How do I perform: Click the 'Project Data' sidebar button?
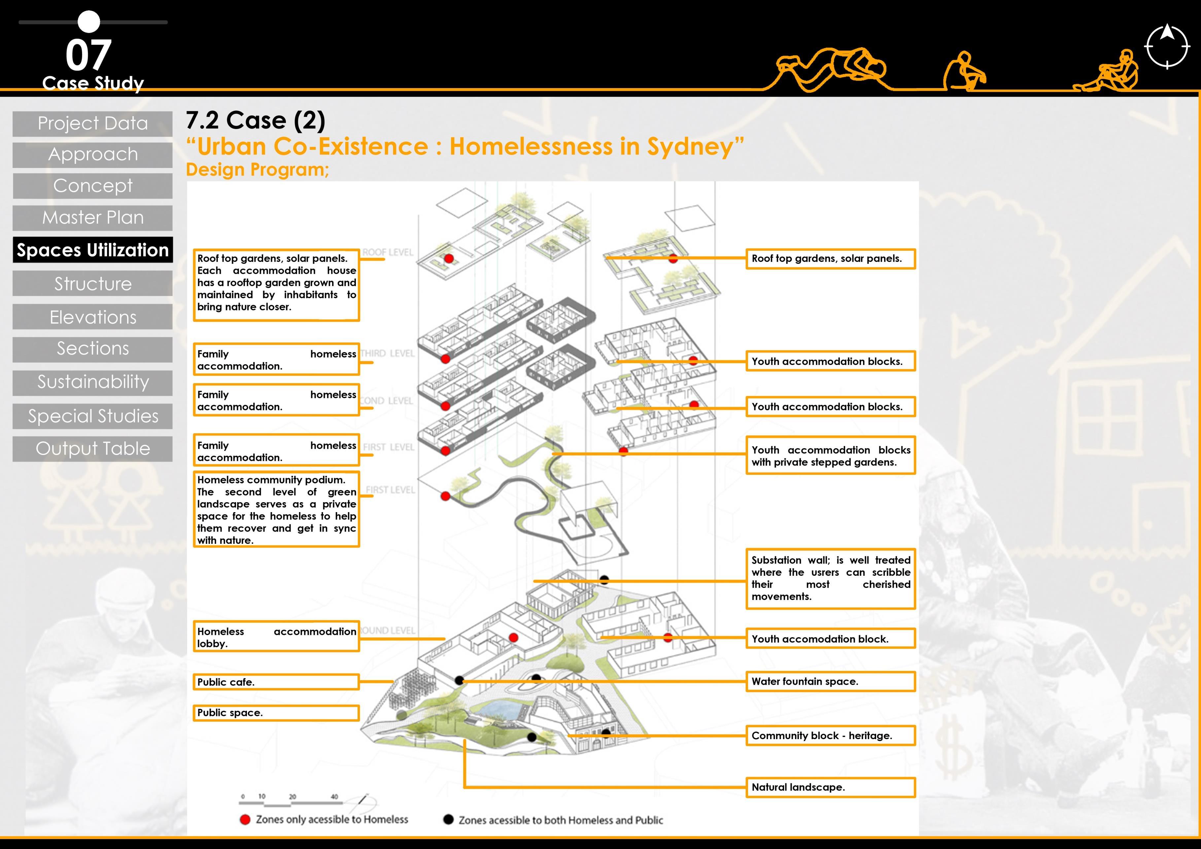pos(92,124)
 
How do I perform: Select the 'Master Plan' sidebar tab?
pos(92,217)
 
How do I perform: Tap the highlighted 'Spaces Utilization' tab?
pos(92,250)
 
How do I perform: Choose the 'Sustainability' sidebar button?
pos(92,382)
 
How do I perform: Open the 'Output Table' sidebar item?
pos(92,448)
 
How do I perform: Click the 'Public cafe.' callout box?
pos(276,682)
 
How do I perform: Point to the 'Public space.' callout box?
pos(276,713)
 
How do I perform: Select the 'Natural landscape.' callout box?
pos(830,787)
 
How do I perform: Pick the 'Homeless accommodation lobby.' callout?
pos(276,637)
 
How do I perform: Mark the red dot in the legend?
pos(245,820)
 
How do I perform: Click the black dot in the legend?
pos(448,819)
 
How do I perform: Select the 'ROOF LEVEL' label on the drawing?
pos(388,252)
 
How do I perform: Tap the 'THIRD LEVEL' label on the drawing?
pos(388,354)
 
